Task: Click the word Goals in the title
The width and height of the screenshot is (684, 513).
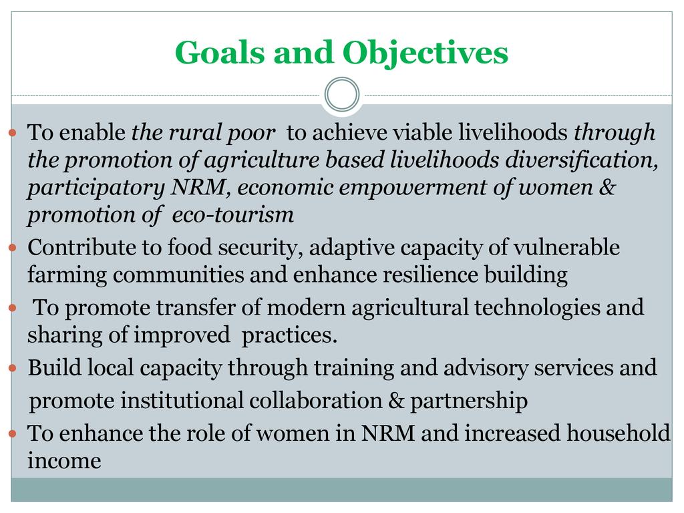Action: (x=220, y=52)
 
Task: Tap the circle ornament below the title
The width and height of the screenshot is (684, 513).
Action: (x=342, y=94)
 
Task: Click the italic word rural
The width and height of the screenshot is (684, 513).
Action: (x=194, y=132)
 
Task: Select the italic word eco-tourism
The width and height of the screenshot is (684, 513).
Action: (x=233, y=214)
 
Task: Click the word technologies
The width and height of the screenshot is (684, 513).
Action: (x=538, y=307)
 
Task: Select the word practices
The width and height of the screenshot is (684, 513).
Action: (x=289, y=335)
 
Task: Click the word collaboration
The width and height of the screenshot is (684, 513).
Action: (x=316, y=401)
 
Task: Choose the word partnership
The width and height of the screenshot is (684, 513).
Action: (x=469, y=401)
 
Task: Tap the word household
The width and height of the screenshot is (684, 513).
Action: (x=618, y=433)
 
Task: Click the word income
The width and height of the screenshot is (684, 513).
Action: (x=65, y=461)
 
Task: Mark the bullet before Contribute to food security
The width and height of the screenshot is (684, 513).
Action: (x=12, y=248)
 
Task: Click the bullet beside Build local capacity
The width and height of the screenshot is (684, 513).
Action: (x=12, y=368)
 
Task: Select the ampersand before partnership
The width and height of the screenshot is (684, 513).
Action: (x=396, y=401)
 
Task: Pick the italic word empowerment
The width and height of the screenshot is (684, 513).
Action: (x=413, y=188)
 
